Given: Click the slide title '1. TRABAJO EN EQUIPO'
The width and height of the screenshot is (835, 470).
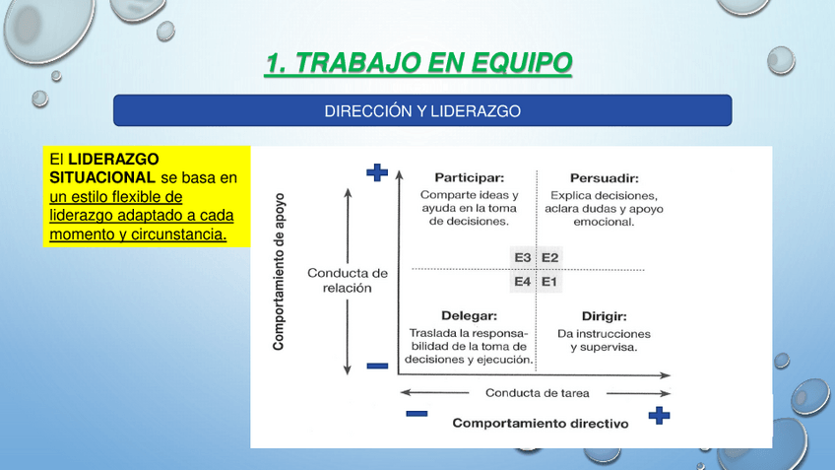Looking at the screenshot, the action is pyautogui.click(x=418, y=63).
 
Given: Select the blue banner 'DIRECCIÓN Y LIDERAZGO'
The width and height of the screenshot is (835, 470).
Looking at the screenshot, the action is pyautogui.click(x=422, y=110).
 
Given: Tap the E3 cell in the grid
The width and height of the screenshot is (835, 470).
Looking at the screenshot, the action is pyautogui.click(x=523, y=258).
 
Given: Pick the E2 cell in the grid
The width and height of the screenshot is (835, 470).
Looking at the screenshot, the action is pyautogui.click(x=550, y=258).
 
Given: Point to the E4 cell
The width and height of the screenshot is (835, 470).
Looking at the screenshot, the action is pyautogui.click(x=523, y=282).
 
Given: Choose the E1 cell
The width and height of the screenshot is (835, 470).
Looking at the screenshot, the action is pyautogui.click(x=549, y=282).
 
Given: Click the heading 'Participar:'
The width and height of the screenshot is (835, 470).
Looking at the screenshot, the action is pyautogui.click(x=469, y=178).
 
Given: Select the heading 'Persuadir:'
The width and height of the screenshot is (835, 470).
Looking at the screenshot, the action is pyautogui.click(x=605, y=178).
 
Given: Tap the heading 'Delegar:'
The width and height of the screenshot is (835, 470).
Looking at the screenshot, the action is pyautogui.click(x=469, y=316).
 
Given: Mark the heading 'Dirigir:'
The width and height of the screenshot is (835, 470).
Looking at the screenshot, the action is pyautogui.click(x=604, y=316).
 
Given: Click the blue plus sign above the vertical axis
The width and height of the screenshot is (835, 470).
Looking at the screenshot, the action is pyautogui.click(x=377, y=172).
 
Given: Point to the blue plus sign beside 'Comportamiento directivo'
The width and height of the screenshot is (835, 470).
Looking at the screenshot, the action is pyautogui.click(x=660, y=416).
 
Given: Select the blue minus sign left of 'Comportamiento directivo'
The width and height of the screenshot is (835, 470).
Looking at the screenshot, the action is pyautogui.click(x=417, y=414).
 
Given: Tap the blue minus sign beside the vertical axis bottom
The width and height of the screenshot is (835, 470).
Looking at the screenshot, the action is pyautogui.click(x=377, y=366).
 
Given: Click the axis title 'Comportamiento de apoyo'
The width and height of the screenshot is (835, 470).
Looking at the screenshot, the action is pyautogui.click(x=279, y=272).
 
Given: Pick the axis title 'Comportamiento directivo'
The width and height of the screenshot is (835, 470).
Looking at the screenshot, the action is pyautogui.click(x=541, y=423).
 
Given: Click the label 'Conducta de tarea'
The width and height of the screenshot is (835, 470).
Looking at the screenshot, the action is pyautogui.click(x=538, y=393).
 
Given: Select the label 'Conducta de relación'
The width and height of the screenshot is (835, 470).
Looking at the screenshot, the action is pyautogui.click(x=348, y=280).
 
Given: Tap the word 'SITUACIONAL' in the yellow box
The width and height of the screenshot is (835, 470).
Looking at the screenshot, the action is pyautogui.click(x=102, y=177).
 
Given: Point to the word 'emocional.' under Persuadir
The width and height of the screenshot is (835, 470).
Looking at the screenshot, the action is pyautogui.click(x=604, y=222).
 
